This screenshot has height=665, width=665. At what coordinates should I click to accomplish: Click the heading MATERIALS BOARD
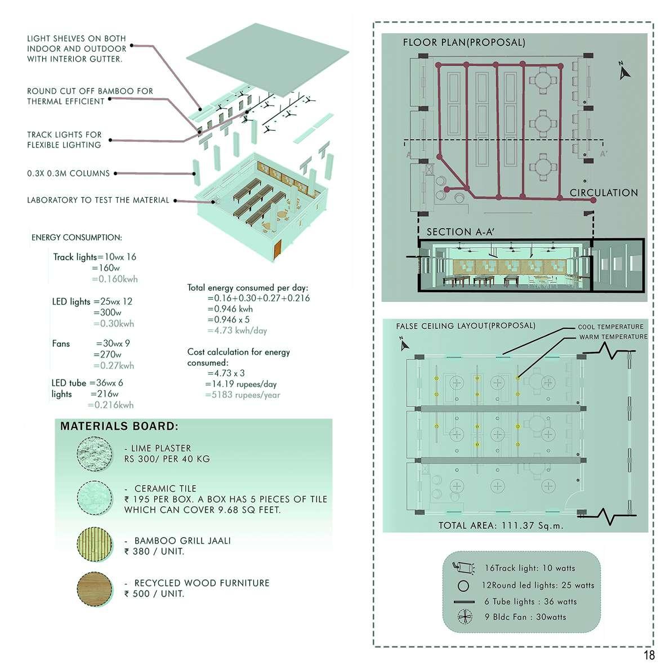(119, 426)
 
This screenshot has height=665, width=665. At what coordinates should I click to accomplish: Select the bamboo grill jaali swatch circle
(93, 545)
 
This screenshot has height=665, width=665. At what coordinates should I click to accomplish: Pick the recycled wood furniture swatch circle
(93, 589)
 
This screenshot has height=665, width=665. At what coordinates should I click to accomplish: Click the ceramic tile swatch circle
(93, 498)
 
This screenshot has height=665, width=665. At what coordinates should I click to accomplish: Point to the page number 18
(649, 655)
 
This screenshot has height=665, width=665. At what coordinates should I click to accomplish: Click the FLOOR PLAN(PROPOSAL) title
(464, 42)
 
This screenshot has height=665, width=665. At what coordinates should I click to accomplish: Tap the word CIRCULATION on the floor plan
(604, 193)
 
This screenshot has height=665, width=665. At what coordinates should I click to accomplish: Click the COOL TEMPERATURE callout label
(610, 327)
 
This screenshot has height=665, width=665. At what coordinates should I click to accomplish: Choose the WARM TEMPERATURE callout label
(613, 337)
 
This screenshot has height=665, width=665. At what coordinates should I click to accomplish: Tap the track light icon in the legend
(463, 568)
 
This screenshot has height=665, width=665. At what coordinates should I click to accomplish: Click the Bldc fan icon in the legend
(464, 617)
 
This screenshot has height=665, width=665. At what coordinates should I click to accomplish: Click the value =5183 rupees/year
(243, 395)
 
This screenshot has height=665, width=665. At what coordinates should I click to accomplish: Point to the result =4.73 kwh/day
(237, 331)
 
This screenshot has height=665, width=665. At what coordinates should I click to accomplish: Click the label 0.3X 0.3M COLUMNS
(68, 173)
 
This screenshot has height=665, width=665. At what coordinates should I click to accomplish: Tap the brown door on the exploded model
(277, 250)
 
